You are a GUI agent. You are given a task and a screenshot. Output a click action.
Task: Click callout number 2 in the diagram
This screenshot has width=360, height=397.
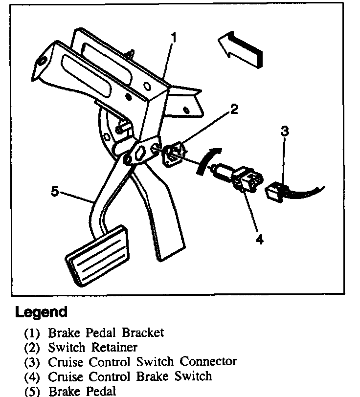[234, 110]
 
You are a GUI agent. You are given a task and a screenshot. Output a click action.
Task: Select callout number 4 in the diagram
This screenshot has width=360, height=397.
[260, 240]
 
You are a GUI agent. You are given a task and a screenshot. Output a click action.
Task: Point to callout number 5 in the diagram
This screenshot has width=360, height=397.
[55, 192]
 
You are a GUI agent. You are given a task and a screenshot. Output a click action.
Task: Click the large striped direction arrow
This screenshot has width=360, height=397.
[241, 48]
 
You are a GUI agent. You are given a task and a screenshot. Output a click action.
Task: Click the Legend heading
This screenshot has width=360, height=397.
[41, 312]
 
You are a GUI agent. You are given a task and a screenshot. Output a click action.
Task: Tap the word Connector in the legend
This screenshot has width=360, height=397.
[208, 362]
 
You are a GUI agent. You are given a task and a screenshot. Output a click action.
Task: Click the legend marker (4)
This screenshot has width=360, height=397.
[32, 377]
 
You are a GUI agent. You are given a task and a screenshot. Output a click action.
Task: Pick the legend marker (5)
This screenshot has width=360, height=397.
[32, 391]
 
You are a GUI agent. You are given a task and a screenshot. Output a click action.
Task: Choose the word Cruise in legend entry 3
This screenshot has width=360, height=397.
[63, 362]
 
